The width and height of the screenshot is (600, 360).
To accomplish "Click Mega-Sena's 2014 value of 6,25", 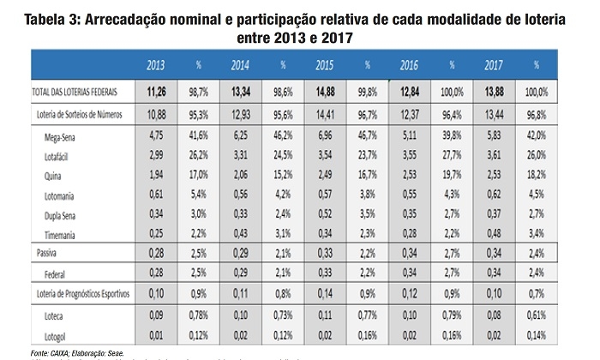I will (240, 135).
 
